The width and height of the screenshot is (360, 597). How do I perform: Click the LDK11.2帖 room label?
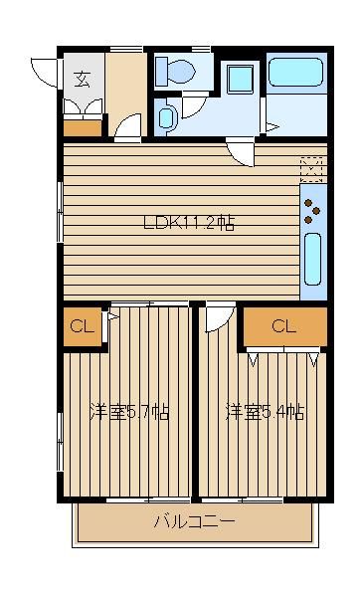click(189, 222)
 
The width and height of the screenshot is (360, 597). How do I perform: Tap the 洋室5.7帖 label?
click(129, 412)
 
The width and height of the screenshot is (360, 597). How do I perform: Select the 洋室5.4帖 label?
click(266, 412)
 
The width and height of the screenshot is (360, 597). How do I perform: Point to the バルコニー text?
click(195, 521)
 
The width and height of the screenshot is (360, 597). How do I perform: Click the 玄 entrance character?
click(83, 80)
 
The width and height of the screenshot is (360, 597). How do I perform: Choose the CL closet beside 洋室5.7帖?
click(83, 327)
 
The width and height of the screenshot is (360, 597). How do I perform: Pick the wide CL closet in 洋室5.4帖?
click(285, 326)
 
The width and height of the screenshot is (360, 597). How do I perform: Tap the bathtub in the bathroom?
click(296, 72)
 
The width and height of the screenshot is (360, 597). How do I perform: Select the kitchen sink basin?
click(313, 259)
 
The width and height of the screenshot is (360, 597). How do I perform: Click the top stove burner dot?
click(308, 203)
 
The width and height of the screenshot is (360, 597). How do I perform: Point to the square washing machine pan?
click(240, 79)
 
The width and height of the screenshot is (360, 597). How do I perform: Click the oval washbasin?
click(166, 117)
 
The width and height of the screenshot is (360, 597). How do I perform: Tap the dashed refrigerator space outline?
click(311, 169)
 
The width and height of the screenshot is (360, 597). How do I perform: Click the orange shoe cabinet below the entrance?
click(83, 128)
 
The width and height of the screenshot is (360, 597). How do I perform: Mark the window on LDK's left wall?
click(60, 212)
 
